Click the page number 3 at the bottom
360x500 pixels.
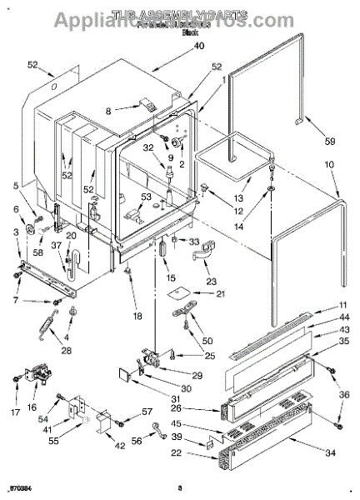(178, 487)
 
